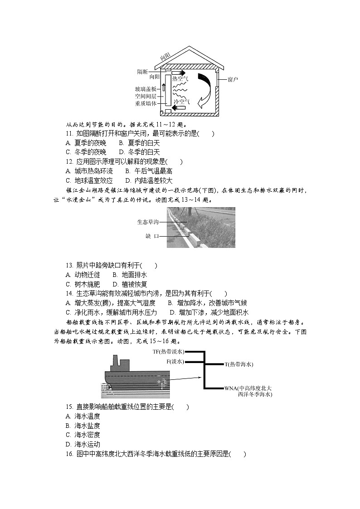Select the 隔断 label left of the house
pos(142,72)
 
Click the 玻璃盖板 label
pos(146,89)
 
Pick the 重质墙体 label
pos(146,103)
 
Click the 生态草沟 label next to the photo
pos(148,222)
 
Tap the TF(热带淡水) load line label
pos(168,351)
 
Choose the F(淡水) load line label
pos(175,361)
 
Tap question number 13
pos(69,266)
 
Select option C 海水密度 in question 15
pos(83,435)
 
